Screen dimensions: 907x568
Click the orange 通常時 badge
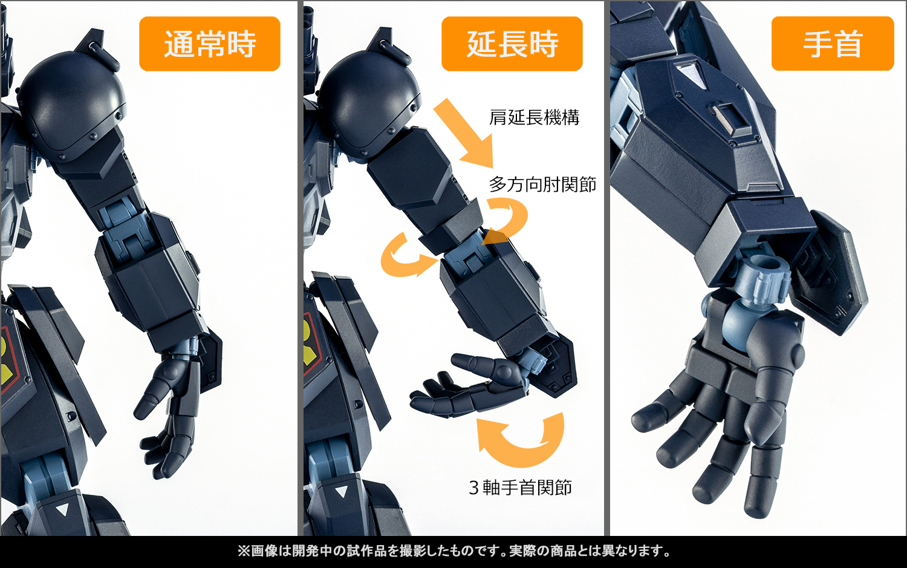click(x=210, y=44)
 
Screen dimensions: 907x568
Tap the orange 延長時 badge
click(x=512, y=44)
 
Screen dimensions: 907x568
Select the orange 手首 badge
click(x=833, y=44)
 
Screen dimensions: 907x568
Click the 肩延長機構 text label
click(x=535, y=117)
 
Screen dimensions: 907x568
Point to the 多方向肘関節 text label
click(x=542, y=184)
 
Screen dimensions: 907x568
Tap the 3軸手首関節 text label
click(x=520, y=488)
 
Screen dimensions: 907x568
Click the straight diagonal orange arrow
click(x=466, y=133)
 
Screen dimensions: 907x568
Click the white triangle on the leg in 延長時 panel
click(x=342, y=492)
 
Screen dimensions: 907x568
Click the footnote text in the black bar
click(x=453, y=551)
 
